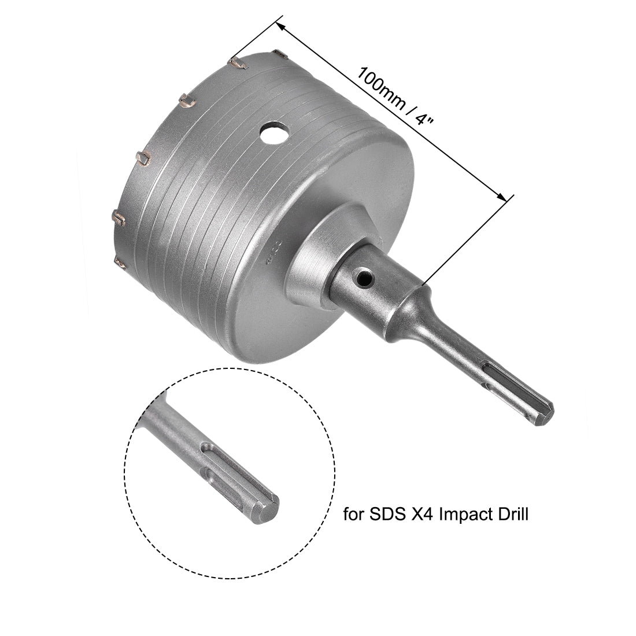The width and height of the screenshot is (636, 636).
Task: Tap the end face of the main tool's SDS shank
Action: pyautogui.click(x=545, y=415)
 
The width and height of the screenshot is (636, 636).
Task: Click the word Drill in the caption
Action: pyautogui.click(x=511, y=515)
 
